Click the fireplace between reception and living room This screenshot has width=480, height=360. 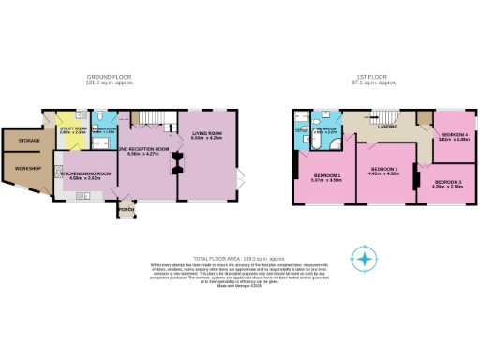pyautogui.click(x=175, y=165)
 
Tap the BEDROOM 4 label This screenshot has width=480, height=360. pyautogui.click(x=453, y=135)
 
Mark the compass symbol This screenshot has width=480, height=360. pyautogui.click(x=363, y=257)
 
